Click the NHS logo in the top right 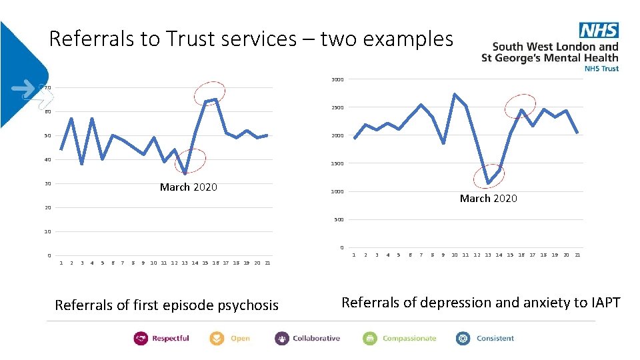click(x=599, y=30)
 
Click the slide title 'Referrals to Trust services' click(x=251, y=39)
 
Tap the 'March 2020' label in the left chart click(x=188, y=187)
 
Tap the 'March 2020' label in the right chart click(x=488, y=199)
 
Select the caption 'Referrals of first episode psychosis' click(x=167, y=305)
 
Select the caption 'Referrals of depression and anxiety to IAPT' click(x=481, y=303)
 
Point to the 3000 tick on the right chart click(x=337, y=80)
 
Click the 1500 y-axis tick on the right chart click(x=337, y=164)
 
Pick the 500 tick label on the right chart click(x=339, y=220)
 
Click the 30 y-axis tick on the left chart click(x=47, y=184)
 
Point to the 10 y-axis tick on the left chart click(x=47, y=232)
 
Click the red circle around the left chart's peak click(x=209, y=93)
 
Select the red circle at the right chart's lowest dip click(x=489, y=175)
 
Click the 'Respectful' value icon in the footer click(x=141, y=339)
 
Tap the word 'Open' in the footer click(x=240, y=339)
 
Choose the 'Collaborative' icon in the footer click(x=282, y=339)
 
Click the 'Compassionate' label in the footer click(x=409, y=339)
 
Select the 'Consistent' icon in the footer click(x=463, y=339)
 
